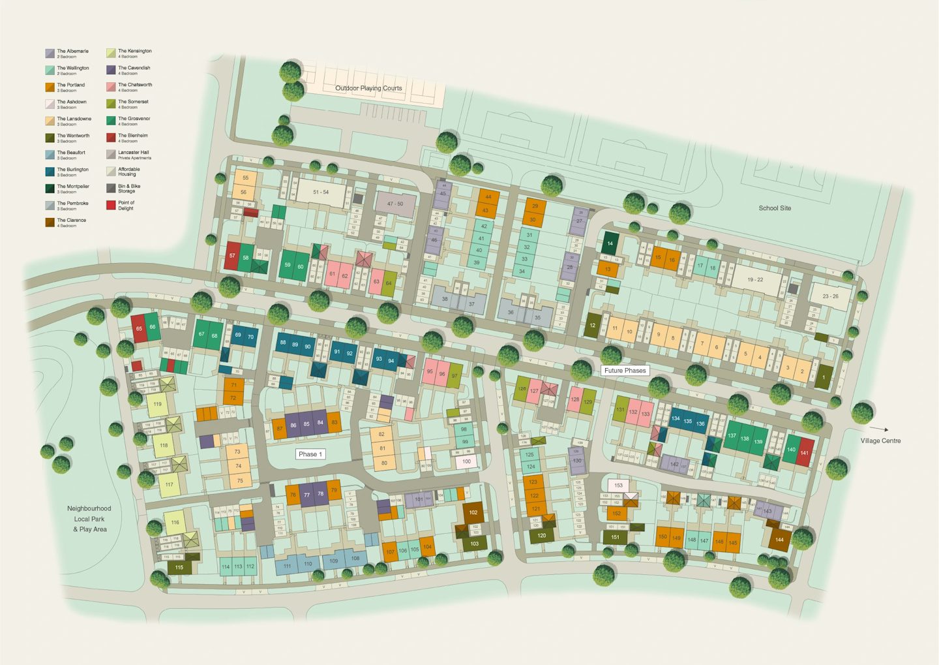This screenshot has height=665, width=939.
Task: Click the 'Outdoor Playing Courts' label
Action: [x=368, y=88]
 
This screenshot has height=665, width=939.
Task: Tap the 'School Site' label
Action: [x=775, y=208]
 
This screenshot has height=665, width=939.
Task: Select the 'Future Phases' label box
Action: [x=625, y=371]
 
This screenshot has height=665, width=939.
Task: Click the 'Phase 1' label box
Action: [x=310, y=454]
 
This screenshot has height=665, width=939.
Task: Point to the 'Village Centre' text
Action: [x=880, y=441]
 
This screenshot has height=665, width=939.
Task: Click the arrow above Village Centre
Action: [x=879, y=429]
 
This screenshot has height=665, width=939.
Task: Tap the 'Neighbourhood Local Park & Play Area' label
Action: [x=89, y=519]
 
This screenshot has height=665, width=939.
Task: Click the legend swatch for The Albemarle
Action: [x=50, y=54]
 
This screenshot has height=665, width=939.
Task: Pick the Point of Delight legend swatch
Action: [x=111, y=205]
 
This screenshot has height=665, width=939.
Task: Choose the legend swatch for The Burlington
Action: [x=50, y=172]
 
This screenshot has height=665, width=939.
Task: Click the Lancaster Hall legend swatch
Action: [x=111, y=155]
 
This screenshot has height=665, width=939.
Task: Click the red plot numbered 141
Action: [x=805, y=452]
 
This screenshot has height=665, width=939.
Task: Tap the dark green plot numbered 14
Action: [x=610, y=243]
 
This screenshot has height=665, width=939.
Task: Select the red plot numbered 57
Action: [x=232, y=256]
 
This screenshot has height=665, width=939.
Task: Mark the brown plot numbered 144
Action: [x=779, y=540]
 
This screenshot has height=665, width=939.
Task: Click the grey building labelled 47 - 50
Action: [x=395, y=204]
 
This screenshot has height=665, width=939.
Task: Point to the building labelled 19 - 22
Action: [x=755, y=279]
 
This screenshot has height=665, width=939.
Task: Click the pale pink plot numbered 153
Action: [x=618, y=485]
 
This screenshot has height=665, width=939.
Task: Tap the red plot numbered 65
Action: [x=139, y=328]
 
